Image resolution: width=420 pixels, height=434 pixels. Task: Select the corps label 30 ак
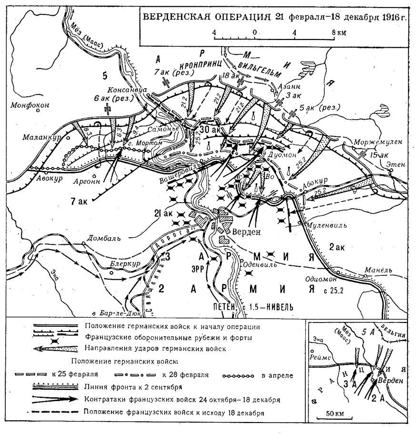click(210, 130)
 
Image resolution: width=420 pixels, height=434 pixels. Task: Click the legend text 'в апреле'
click(277, 375)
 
